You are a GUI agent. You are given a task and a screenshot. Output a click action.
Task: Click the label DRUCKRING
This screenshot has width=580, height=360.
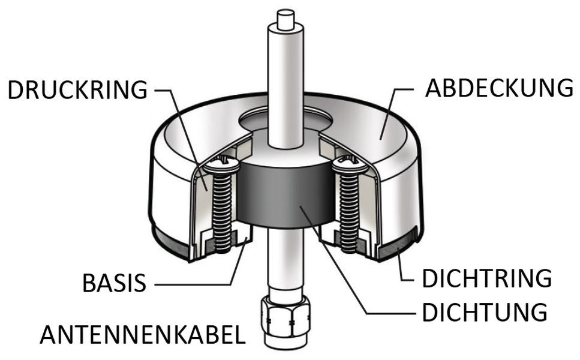tap(78, 89)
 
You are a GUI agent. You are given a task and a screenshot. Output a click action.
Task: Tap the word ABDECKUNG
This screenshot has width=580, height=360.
tap(499, 88)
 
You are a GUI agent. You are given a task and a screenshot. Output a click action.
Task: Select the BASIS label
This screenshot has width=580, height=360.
tap(115, 283)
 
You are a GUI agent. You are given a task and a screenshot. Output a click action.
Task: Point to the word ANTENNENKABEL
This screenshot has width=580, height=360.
tap(143, 335)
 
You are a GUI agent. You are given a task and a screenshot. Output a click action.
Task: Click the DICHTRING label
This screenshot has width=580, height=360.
tap(487, 278)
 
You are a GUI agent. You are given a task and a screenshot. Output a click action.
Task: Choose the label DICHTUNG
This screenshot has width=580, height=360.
tap(485, 312)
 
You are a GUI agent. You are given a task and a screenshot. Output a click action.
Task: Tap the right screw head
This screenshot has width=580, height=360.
tap(350, 166)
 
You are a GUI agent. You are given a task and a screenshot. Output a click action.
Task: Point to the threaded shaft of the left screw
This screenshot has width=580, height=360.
tap(222, 213)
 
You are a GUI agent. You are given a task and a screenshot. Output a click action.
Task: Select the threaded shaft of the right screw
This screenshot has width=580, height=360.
tap(349, 213)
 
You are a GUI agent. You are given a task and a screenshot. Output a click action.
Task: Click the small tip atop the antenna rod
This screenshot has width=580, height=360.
tap(286, 19)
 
